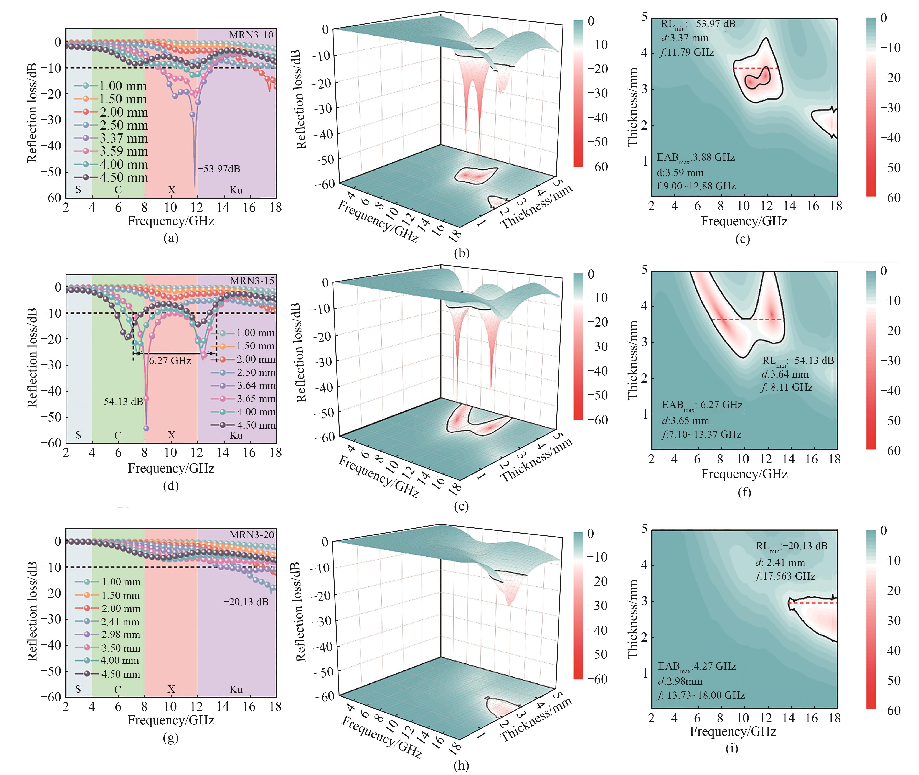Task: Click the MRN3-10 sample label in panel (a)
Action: click(251, 35)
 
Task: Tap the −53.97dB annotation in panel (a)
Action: click(219, 169)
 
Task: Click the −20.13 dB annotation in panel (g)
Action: click(246, 601)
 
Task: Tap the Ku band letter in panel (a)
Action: click(236, 190)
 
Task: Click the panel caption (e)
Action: click(461, 506)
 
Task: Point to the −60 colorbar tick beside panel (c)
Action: click(890, 198)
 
